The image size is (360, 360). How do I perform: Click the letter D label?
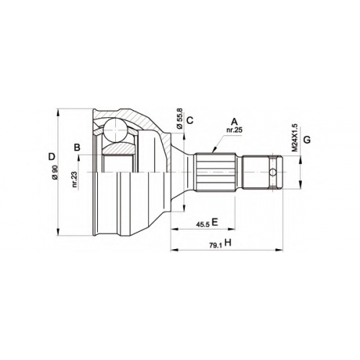(52, 157)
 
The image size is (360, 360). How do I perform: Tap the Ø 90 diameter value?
(55, 172)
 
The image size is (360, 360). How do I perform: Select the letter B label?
(77, 148)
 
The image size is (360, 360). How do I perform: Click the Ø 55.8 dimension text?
(179, 118)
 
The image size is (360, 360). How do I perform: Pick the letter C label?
(190, 120)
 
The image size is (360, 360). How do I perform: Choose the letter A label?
(234, 122)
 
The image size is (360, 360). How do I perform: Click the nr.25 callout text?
(235, 130)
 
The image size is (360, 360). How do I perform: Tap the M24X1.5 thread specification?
(294, 138)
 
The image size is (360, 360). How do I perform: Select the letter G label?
(307, 140)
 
